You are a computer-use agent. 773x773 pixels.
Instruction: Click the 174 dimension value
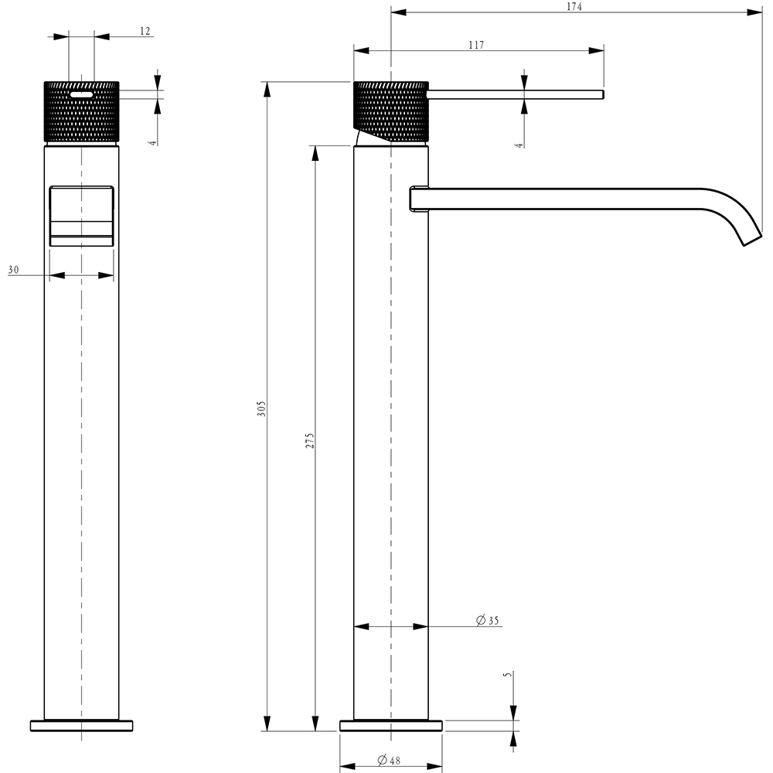(574, 6)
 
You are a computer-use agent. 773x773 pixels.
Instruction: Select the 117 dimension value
(475, 46)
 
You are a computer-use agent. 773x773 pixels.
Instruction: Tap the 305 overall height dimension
(261, 408)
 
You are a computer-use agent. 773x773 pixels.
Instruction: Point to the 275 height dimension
(309, 441)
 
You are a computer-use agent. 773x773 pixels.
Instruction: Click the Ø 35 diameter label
(488, 621)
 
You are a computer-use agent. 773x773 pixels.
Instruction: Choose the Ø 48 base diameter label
(389, 761)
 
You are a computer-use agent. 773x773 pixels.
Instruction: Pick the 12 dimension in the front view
(145, 31)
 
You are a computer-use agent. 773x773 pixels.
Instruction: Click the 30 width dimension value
(13, 270)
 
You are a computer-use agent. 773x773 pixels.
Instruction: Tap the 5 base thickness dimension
(507, 675)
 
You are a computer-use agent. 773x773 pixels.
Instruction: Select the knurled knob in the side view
(390, 108)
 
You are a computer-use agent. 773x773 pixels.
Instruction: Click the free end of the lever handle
(600, 95)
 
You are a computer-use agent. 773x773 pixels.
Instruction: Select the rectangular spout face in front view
(81, 215)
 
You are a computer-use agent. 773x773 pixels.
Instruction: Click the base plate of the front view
(81, 725)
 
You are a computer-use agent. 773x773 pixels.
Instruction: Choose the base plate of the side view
(391, 725)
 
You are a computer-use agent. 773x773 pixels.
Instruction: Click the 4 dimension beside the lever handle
(519, 141)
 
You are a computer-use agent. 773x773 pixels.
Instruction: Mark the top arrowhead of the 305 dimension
(267, 89)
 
